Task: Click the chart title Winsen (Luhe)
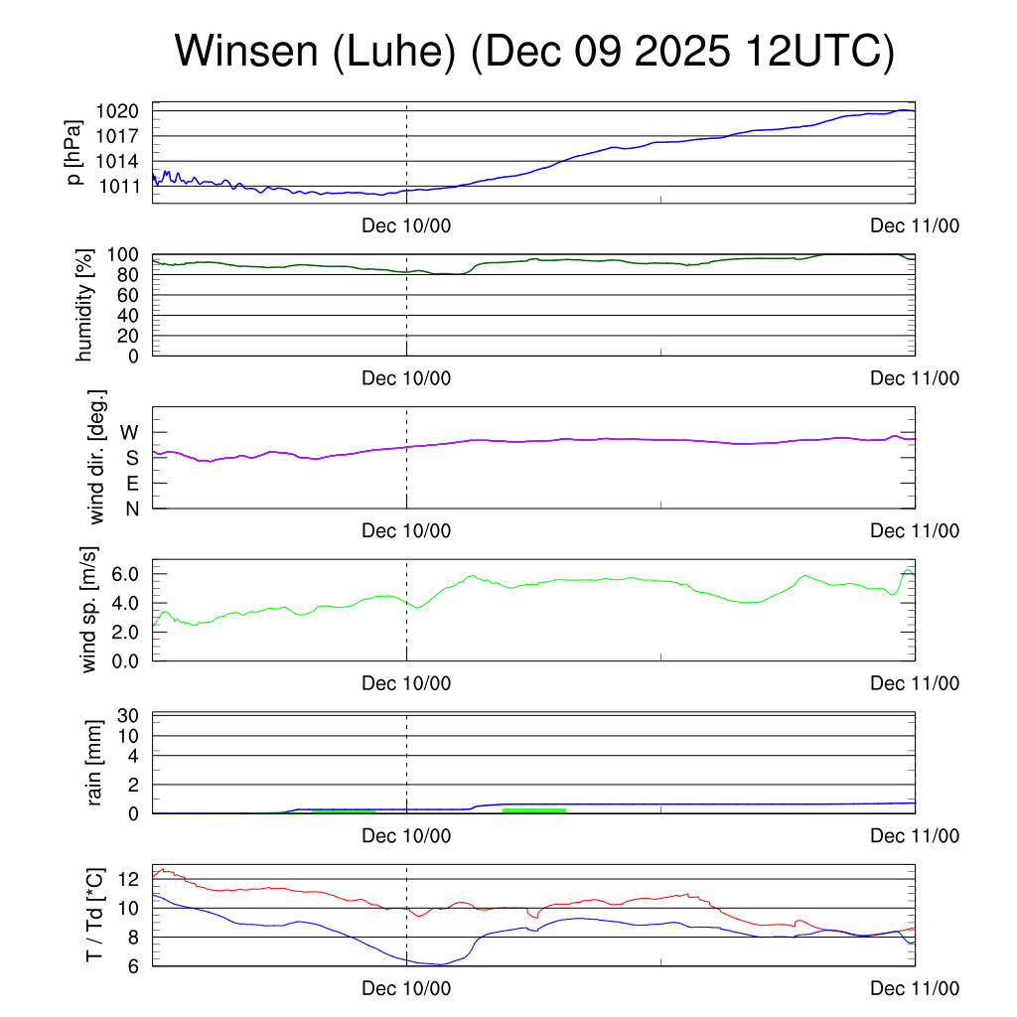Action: coord(534,52)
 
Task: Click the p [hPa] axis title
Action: coord(73,152)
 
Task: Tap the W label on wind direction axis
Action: coord(130,433)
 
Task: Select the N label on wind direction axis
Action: coord(131,508)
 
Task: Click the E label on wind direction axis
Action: coord(131,484)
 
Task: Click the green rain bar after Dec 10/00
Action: coord(534,810)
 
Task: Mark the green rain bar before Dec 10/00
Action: coord(344,811)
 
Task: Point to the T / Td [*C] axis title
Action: coord(95,915)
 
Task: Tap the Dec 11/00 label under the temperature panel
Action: coord(915,988)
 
